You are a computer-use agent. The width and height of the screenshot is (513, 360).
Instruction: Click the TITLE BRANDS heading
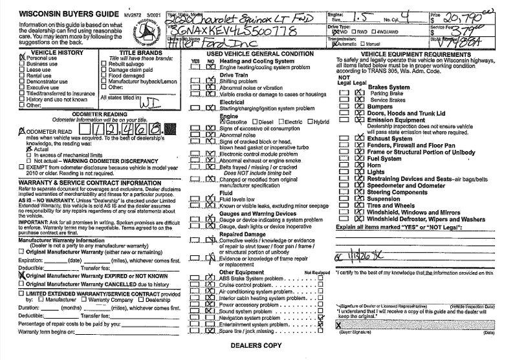tap(140, 52)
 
